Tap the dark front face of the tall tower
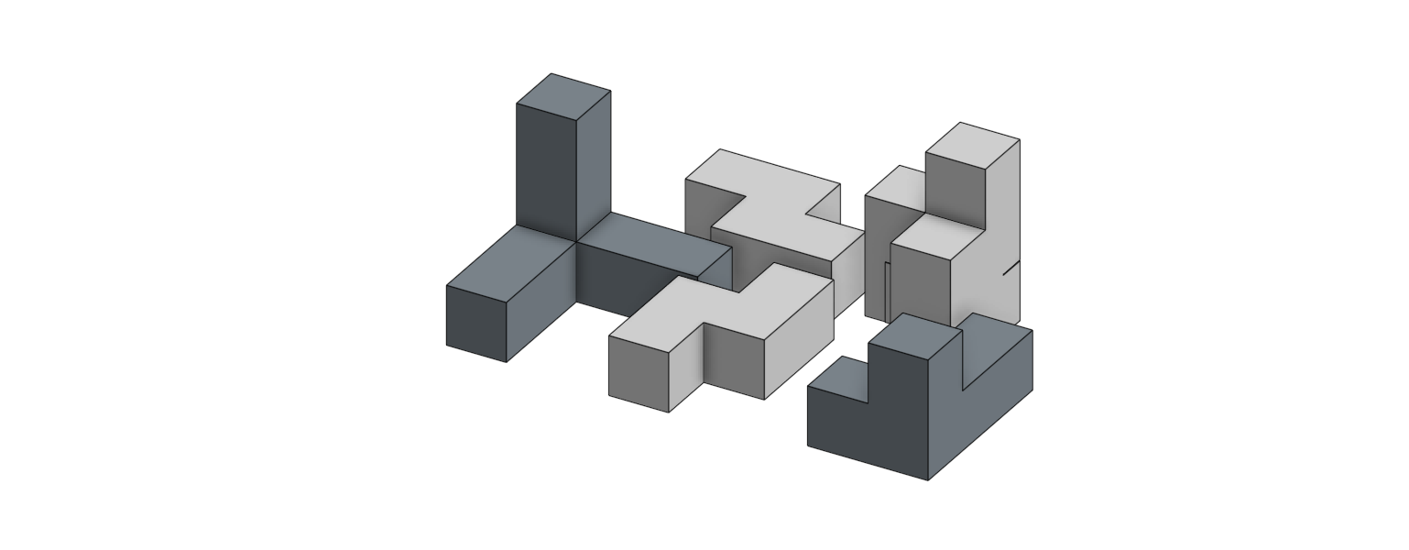(x=546, y=170)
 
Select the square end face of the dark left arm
(x=476, y=324)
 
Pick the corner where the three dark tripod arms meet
(x=576, y=242)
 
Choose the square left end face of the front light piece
(x=639, y=374)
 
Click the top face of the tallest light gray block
(x=972, y=145)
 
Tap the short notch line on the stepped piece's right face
(x=1010, y=267)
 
